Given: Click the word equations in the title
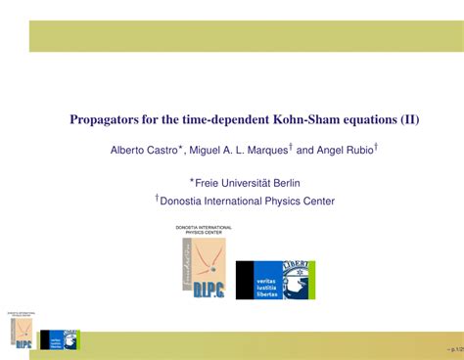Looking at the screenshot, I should coord(358,120).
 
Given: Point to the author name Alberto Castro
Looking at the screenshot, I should coord(142,151).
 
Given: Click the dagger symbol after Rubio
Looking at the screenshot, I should coord(377,147).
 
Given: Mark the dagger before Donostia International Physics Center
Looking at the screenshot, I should coord(157,198).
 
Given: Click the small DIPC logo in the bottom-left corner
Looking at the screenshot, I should coord(21,331).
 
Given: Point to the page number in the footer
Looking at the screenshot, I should coord(451,347).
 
